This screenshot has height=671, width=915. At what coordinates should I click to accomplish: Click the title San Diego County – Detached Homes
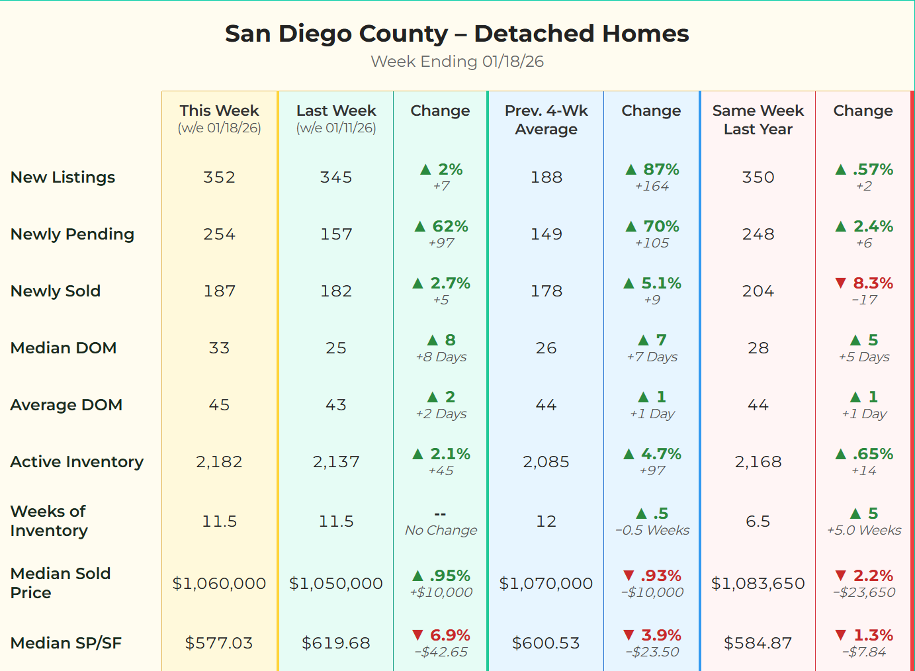coord(457,34)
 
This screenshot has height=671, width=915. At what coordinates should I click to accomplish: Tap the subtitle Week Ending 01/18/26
coord(457,62)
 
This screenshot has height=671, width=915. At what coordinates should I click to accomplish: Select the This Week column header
coord(219,111)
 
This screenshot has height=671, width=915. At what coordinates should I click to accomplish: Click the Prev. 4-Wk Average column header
coord(546,120)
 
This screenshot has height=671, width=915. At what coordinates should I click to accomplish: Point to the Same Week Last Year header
coord(758,120)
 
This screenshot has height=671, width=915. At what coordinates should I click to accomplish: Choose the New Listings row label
coord(63,177)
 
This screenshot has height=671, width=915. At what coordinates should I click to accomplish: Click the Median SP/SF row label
coord(65,643)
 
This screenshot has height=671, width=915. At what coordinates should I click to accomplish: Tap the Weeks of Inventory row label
coord(49,521)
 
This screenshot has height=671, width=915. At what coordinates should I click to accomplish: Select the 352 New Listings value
coord(219,177)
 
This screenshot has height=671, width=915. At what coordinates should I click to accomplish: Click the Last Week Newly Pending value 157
coord(336,234)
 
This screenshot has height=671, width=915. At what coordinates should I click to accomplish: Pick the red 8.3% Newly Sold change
coord(873,283)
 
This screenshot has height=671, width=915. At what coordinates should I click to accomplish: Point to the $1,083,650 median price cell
coord(758,583)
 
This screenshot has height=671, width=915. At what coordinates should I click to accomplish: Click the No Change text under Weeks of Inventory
coord(441,530)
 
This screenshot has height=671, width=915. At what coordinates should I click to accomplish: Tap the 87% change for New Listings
coord(661,169)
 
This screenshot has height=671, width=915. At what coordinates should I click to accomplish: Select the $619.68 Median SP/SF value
coord(336,643)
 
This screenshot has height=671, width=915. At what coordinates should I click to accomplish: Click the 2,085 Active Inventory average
coord(546,461)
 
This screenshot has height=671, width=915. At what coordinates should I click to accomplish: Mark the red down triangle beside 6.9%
coord(417,635)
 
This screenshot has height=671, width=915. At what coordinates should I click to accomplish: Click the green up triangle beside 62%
coord(419,226)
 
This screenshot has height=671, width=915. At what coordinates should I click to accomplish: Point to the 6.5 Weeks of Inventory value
coord(758,521)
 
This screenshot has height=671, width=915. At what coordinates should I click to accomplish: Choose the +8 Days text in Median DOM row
coord(441,357)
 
